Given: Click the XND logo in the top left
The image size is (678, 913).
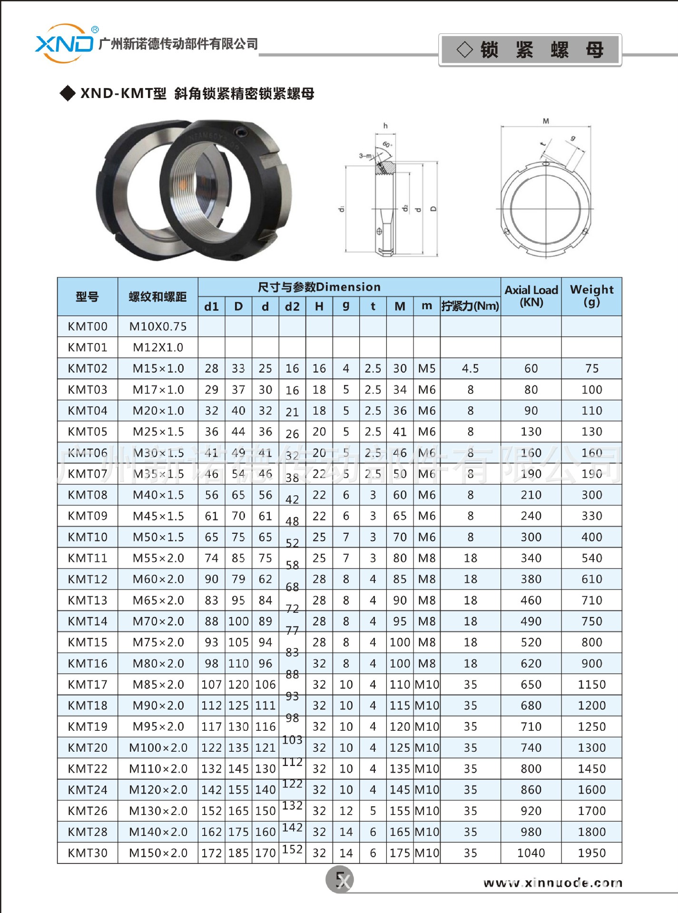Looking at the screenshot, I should click(64, 44).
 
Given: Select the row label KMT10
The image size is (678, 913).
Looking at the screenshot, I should click(88, 537).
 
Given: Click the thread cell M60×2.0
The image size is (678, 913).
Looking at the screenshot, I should click(158, 579).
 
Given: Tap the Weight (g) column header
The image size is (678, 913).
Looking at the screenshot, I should click(591, 295).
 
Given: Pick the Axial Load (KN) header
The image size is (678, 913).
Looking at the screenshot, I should click(531, 295).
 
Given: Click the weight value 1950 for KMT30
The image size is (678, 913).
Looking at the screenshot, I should click(591, 853).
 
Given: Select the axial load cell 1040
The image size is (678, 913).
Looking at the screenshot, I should click(531, 853).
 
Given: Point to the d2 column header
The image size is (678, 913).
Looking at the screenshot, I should click(292, 306).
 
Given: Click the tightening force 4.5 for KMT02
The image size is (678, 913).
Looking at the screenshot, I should click(470, 368).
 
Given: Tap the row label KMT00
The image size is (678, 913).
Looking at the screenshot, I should click(88, 326).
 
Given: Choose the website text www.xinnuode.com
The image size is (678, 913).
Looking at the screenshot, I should click(552, 883).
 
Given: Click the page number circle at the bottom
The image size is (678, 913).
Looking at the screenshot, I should click(340, 879).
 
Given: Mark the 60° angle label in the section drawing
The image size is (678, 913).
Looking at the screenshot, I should click(387, 144).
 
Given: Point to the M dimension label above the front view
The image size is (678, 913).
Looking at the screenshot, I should click(546, 121).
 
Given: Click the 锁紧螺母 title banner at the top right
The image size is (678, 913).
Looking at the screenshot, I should click(530, 49).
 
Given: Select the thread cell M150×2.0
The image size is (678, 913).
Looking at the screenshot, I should click(158, 853).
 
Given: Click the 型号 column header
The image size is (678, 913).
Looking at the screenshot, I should click(88, 296).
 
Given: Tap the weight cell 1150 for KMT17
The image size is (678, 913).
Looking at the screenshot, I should click(591, 684).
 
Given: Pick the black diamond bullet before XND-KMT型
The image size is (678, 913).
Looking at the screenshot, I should click(68, 93).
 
